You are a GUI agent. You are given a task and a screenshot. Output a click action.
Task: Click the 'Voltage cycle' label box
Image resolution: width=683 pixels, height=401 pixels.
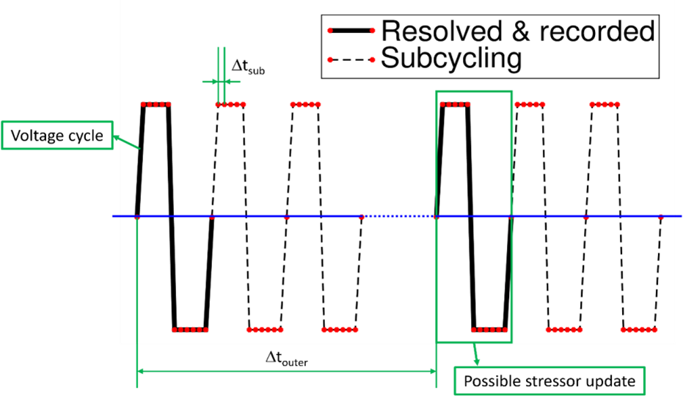[57, 136]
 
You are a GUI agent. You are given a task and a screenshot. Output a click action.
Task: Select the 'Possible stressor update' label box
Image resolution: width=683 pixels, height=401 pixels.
[549, 381]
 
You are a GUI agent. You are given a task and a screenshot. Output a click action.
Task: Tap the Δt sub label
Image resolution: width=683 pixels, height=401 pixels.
[248, 67]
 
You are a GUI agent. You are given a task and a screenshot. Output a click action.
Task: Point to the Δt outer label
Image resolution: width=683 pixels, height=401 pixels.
[287, 358]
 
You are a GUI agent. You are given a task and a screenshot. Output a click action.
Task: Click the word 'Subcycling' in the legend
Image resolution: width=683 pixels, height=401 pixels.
[451, 58]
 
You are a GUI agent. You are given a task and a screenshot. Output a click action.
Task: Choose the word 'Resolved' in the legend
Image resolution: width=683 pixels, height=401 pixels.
[442, 32]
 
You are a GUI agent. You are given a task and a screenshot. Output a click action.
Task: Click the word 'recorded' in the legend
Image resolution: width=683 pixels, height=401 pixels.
[597, 32]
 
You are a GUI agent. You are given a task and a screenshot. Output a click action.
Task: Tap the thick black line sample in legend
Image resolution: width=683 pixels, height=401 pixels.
[351, 31]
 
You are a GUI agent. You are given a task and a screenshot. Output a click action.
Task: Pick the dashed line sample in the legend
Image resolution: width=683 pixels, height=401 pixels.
[351, 59]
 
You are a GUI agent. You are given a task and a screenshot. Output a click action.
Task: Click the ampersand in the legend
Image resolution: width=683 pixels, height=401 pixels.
[521, 32]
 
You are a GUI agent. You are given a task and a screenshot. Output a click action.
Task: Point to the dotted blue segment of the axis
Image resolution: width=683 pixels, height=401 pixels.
[398, 216]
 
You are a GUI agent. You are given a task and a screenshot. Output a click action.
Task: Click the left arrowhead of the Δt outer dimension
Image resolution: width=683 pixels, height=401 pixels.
[140, 372]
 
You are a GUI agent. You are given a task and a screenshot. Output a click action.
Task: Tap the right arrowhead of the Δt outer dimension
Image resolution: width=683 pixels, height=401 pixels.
[433, 372]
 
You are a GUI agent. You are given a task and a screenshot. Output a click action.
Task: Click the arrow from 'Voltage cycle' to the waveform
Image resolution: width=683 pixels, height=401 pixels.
[127, 142]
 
